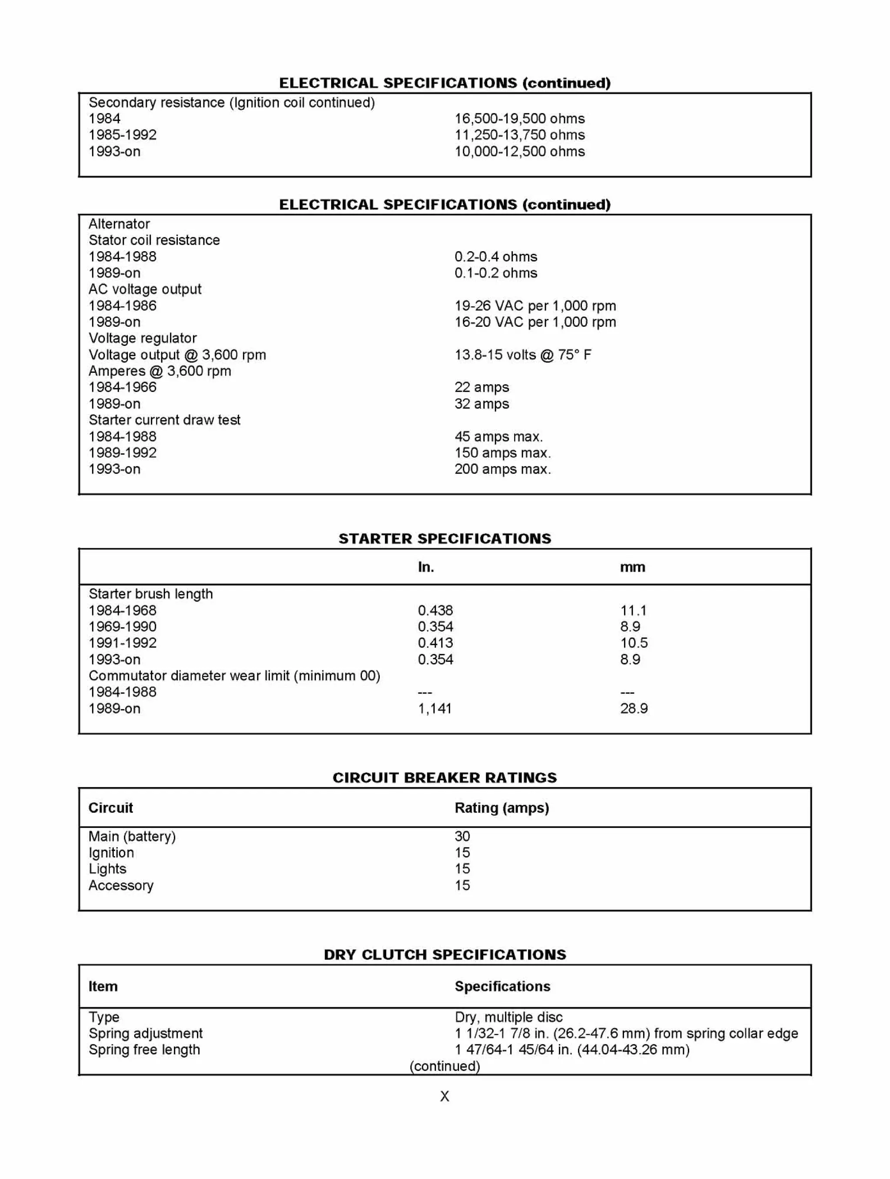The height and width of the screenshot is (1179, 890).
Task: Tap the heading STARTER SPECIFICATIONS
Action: (445, 538)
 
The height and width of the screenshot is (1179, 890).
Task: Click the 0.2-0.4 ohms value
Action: (496, 256)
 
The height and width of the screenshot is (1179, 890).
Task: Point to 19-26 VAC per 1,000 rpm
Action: (535, 306)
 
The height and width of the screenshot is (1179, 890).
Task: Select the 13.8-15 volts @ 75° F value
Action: (522, 355)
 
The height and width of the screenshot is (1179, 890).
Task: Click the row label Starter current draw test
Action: (164, 420)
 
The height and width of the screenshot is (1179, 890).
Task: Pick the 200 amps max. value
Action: (502, 469)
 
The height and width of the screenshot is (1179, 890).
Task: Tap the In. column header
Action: (425, 567)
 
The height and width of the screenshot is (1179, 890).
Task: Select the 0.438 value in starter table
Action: (435, 610)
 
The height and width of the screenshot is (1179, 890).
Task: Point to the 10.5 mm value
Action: (634, 643)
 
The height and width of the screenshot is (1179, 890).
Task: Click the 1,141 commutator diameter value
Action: (434, 708)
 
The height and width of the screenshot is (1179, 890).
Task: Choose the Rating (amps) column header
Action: (501, 808)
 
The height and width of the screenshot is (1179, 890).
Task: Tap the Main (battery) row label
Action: (132, 836)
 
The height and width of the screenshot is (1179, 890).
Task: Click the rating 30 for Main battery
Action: (462, 836)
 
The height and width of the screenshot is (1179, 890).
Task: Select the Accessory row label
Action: (120, 885)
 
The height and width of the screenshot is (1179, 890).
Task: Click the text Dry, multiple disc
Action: (508, 1017)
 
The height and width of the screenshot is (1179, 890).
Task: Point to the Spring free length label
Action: (144, 1049)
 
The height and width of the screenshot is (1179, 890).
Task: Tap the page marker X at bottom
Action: (445, 1096)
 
